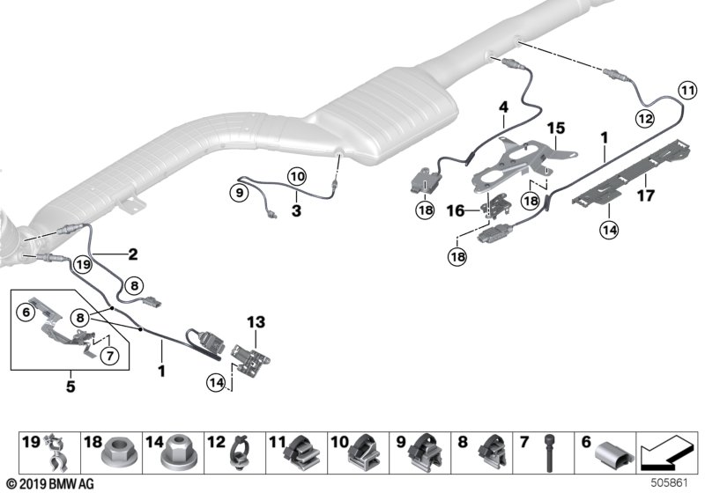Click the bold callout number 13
(256, 322)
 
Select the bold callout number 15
(556, 128)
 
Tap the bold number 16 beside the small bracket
(456, 210)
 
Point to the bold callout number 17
(646, 195)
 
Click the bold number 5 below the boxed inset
(70, 386)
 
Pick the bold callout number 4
(503, 107)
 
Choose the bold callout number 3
(296, 210)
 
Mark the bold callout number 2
(133, 254)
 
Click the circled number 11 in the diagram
(687, 92)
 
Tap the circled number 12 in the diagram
(645, 119)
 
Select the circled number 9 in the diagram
(239, 193)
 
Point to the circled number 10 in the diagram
(297, 176)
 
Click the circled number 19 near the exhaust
(83, 264)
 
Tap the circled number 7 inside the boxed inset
(109, 356)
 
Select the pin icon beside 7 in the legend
(550, 453)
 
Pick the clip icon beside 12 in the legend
(239, 453)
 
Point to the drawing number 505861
(670, 483)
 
